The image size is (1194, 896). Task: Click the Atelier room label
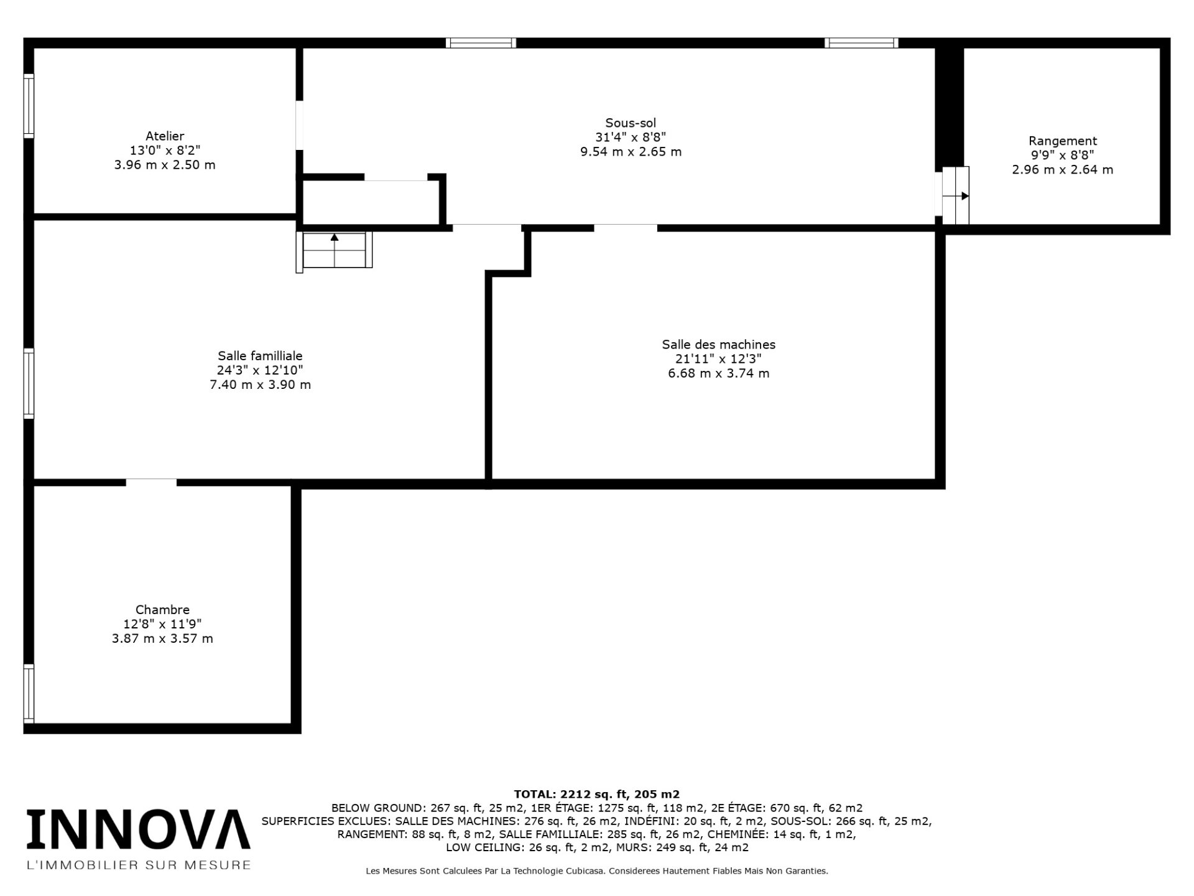tap(165, 136)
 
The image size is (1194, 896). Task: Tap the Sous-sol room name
tap(631, 123)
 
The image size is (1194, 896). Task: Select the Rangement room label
tap(1063, 141)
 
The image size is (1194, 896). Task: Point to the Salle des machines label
tap(718, 344)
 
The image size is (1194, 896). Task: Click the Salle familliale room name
tap(260, 356)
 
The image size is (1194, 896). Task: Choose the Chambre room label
tap(162, 610)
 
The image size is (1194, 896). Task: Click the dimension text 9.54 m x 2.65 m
tap(631, 152)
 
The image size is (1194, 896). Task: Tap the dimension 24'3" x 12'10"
tap(260, 370)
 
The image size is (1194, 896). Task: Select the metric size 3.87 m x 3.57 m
tap(162, 638)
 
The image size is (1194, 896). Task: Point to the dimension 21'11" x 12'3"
tap(718, 358)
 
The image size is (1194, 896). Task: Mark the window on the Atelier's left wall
tap(29, 106)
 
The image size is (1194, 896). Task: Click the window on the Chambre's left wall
tap(29, 693)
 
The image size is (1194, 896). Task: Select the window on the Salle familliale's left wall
tap(29, 383)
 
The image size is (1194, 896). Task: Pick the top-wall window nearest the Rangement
tap(861, 43)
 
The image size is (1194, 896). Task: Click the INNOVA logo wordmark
tap(138, 829)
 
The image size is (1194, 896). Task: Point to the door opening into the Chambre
tap(151, 482)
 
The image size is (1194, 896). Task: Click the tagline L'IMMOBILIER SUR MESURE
tap(138, 865)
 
